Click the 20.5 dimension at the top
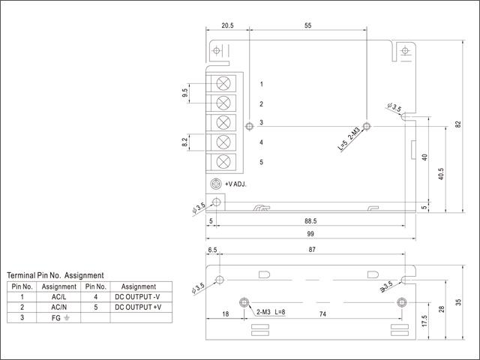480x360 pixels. coord(227,25)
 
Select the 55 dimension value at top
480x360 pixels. coord(308,25)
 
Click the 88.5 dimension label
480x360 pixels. coord(310,221)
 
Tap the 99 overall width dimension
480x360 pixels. coord(310,234)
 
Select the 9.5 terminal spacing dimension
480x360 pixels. coord(184,93)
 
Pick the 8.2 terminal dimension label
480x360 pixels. coord(184,142)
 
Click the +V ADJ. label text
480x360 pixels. coord(235,184)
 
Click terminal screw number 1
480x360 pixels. coord(223,83)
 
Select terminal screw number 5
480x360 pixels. coord(223,161)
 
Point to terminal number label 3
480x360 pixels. coord(261,123)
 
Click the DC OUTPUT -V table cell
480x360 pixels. coord(138,297)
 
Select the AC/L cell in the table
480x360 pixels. coord(59,297)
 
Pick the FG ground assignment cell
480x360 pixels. coord(59,317)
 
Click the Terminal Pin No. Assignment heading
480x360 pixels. coord(55,275)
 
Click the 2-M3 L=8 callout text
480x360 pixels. coord(271,311)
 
